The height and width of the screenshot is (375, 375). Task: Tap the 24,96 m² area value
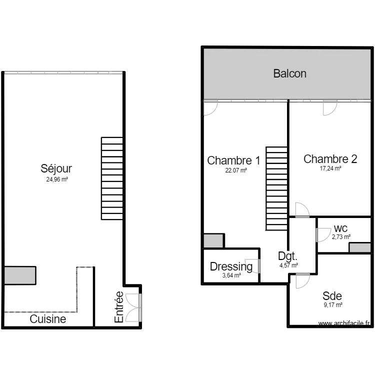coord(56,178)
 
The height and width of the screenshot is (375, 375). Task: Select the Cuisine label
coord(47,318)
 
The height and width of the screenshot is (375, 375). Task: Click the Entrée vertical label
coord(119,306)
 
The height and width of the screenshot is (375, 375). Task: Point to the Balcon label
coord(289,73)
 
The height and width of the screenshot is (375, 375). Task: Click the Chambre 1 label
coord(233,160)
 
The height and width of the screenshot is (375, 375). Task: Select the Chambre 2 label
coord(330,159)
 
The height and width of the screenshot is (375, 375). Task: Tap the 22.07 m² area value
coord(236,170)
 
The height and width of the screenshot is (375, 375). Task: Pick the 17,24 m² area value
coord(330,169)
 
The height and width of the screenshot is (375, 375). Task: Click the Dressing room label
coord(231,266)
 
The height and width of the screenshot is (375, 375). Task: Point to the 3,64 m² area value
coord(231,275)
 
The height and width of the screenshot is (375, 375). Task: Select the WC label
coord(341,228)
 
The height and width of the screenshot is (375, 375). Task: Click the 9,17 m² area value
coord(332,304)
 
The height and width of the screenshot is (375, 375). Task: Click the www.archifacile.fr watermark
coord(345,323)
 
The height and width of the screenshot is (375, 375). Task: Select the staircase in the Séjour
coord(112,178)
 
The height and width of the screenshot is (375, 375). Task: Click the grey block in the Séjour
coord(20,275)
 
